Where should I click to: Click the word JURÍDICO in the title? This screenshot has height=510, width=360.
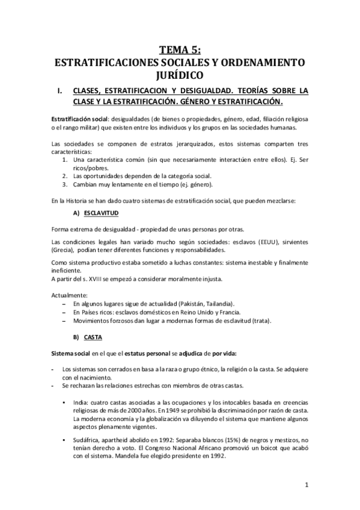click(180, 75)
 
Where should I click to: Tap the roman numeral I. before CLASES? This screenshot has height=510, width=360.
click(60, 91)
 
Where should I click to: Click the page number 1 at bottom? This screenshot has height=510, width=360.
click(306, 485)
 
